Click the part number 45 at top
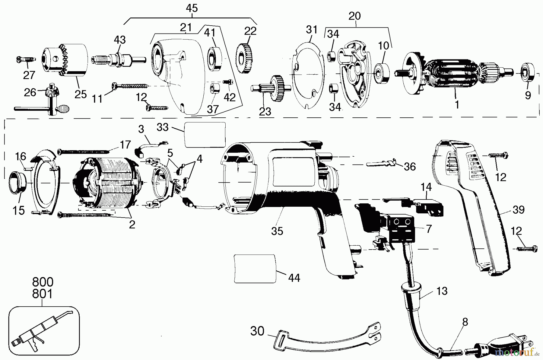pyautogui.click(x=192, y=8)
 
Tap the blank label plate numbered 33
pyautogui.click(x=205, y=135)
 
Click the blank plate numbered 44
pyautogui.click(x=255, y=268)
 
